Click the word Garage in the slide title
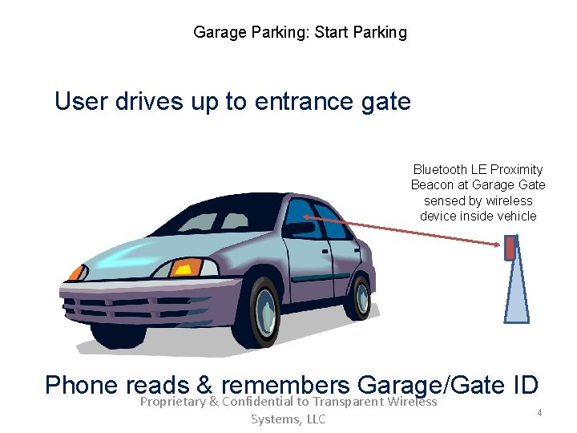click(x=218, y=33)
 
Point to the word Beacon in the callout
click(x=432, y=185)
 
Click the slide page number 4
click(x=539, y=412)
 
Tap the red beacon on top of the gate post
click(x=509, y=248)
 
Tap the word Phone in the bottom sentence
click(x=82, y=385)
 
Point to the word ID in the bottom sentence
click(x=523, y=385)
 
